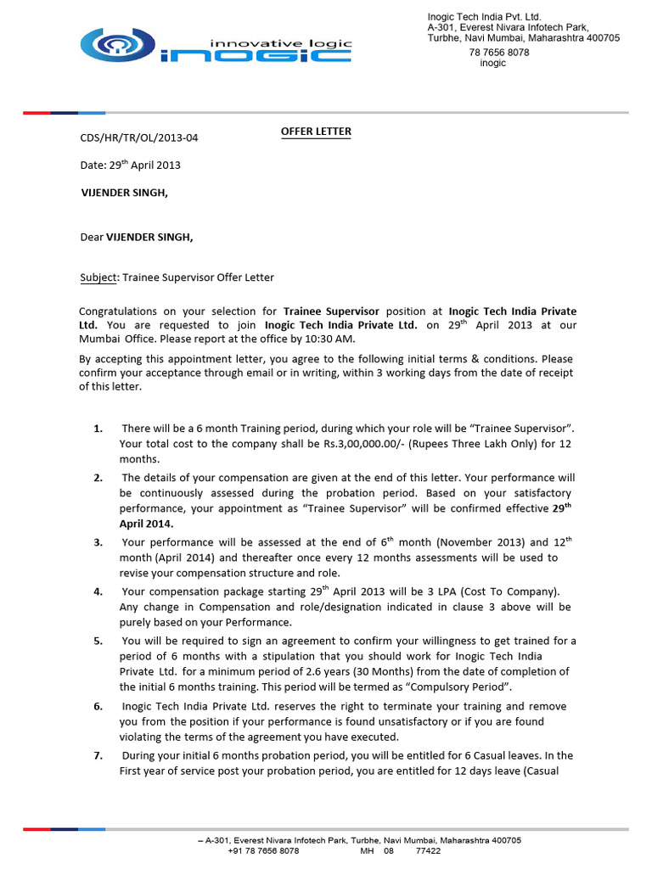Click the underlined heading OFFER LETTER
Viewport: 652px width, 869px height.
pyautogui.click(x=316, y=132)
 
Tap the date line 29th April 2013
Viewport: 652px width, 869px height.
pyautogui.click(x=130, y=165)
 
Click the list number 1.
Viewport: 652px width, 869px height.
pyautogui.click(x=98, y=429)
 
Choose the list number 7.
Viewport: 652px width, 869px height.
pyautogui.click(x=98, y=755)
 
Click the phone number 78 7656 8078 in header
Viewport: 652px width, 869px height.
pyautogui.click(x=499, y=52)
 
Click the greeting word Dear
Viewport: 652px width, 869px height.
pyautogui.click(x=91, y=237)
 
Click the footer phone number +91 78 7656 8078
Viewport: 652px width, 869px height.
pyautogui.click(x=263, y=850)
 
